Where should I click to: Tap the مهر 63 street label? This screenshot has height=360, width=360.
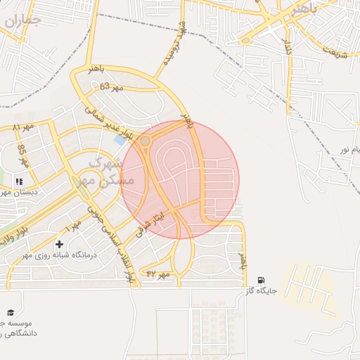click(x=111, y=86)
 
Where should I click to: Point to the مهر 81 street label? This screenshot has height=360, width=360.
click(x=23, y=127)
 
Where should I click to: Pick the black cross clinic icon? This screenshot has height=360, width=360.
click(x=59, y=243)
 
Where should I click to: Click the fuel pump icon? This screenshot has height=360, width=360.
click(x=262, y=280)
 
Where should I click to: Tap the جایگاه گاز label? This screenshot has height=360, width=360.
click(x=262, y=290)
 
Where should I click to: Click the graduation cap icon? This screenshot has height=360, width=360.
click(x=11, y=312)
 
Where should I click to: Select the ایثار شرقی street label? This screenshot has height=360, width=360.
click(x=155, y=219)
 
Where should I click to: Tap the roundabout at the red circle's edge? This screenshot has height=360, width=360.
click(x=146, y=141)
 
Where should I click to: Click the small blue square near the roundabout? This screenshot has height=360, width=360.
click(x=120, y=139)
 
